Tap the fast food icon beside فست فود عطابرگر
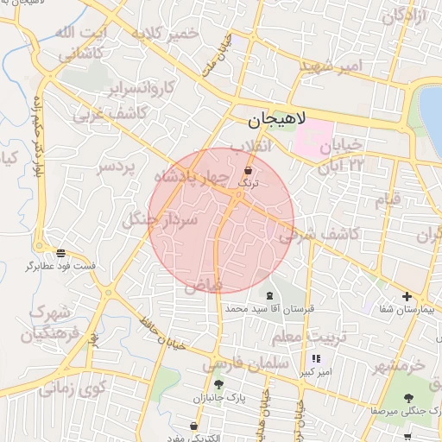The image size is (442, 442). click(x=60, y=253)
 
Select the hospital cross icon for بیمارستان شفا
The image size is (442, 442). click(x=407, y=296)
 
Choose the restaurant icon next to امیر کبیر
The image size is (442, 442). click(x=316, y=358)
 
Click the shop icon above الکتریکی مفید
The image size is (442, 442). click(x=193, y=426)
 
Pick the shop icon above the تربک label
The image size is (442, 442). click(x=249, y=170)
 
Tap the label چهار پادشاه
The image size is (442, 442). click(x=191, y=178)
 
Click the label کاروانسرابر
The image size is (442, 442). click(x=142, y=87)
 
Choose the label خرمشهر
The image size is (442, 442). click(x=400, y=366)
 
